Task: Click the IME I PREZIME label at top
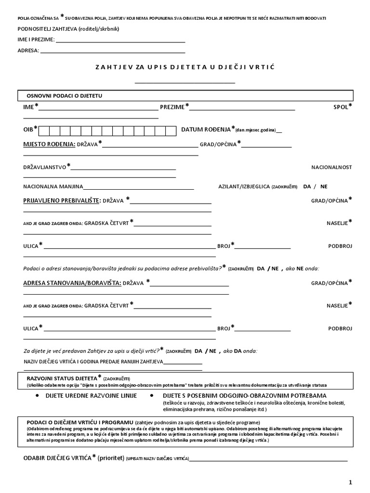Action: (x=36, y=39)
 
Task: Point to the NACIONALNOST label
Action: (x=331, y=167)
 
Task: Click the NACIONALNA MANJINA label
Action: (x=53, y=186)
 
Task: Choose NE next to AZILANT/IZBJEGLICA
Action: (x=324, y=186)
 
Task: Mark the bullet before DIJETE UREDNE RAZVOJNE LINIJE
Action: (x=38, y=395)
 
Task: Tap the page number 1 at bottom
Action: (x=351, y=482)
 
